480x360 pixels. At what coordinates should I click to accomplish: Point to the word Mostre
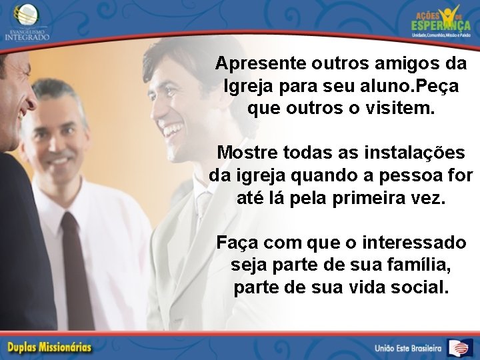point(248,153)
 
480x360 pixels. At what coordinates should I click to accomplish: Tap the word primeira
point(371,198)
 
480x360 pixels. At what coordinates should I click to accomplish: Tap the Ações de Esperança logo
point(441,20)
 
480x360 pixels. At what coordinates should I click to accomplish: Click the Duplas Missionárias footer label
point(50,347)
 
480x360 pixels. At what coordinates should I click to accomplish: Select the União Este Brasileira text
point(409,348)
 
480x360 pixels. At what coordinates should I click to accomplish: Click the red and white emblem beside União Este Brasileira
point(459,347)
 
